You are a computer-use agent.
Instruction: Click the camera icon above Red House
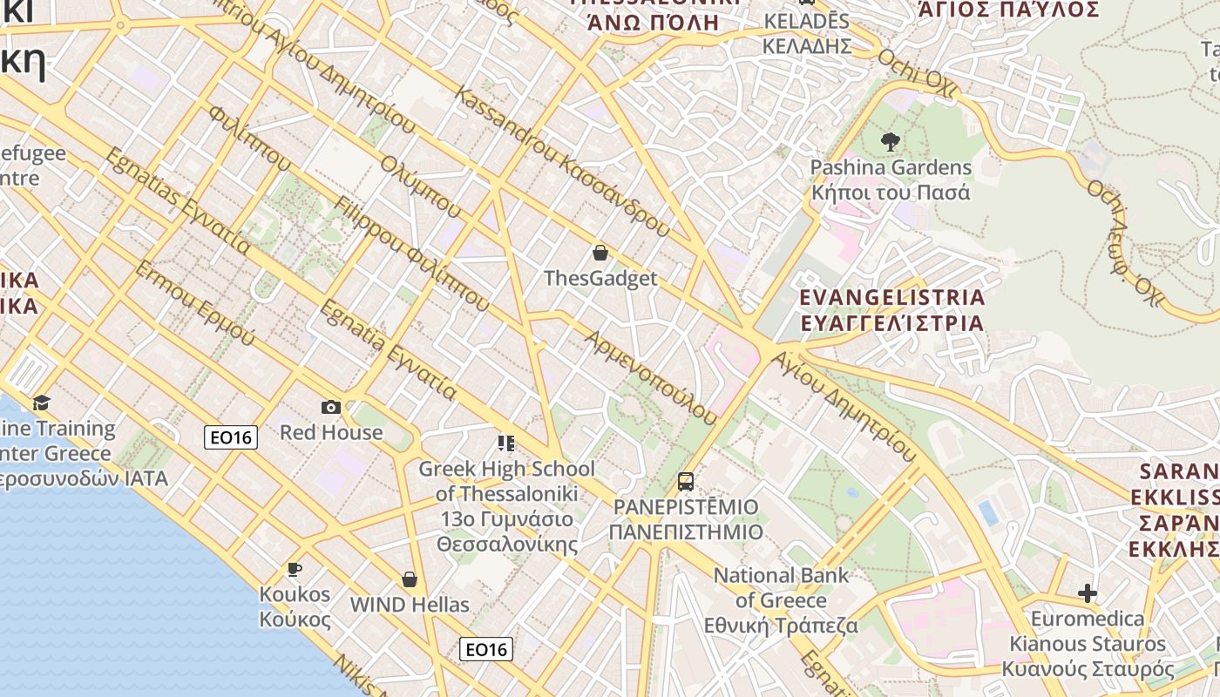331,407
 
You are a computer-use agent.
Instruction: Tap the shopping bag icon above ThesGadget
600,254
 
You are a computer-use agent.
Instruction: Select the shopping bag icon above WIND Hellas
409,579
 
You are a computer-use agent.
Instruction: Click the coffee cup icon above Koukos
295,570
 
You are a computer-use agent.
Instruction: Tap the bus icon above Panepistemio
686,481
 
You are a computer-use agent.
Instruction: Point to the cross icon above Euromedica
1088,594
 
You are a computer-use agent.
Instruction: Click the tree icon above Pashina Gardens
891,141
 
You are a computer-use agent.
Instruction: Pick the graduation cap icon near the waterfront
41,403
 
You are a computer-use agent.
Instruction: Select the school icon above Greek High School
506,443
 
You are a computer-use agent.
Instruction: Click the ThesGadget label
600,279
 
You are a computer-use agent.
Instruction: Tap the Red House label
331,432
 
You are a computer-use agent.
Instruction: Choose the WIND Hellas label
410,605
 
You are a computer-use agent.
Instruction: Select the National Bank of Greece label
782,600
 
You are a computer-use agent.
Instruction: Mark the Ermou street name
194,301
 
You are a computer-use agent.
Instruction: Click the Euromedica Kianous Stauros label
1088,644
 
